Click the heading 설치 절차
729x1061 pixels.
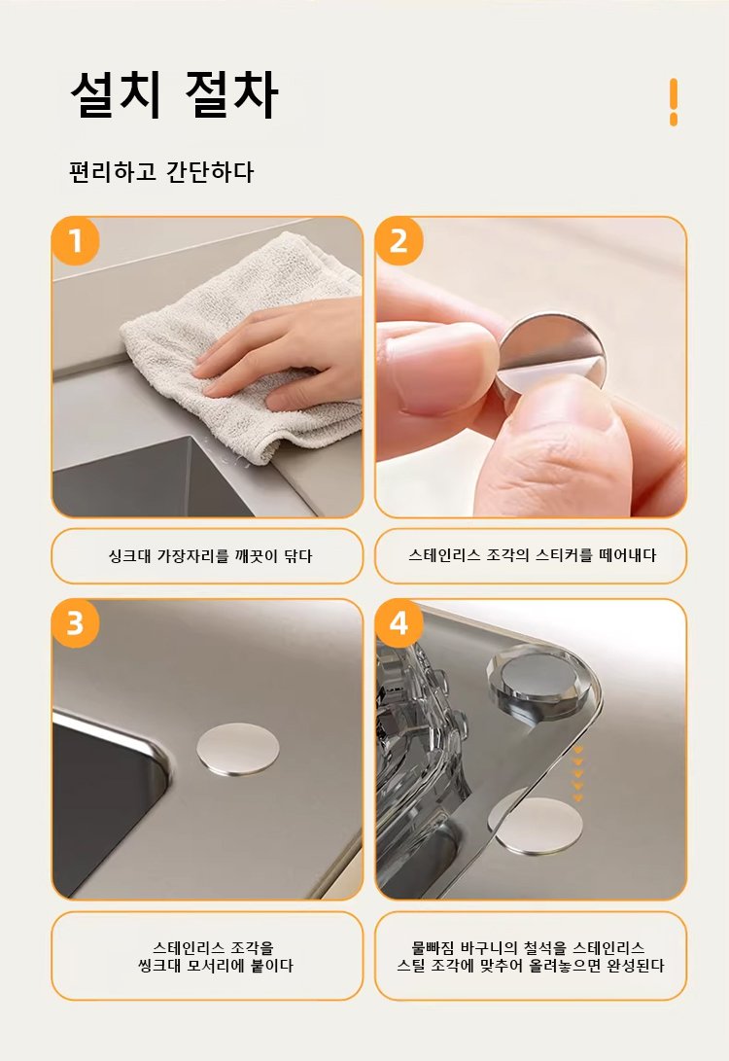[174, 94]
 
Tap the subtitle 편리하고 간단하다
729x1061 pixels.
[161, 172]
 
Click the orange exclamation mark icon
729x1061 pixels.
[673, 102]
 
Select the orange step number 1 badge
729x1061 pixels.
[75, 241]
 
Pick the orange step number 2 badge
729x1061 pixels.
[399, 241]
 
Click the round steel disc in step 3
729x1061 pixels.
[238, 749]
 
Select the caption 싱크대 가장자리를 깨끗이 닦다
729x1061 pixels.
[210, 556]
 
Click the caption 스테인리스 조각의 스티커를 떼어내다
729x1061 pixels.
[533, 555]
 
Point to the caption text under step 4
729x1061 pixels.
[531, 957]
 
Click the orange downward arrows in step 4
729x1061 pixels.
[577, 774]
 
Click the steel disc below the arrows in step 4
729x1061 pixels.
[536, 827]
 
